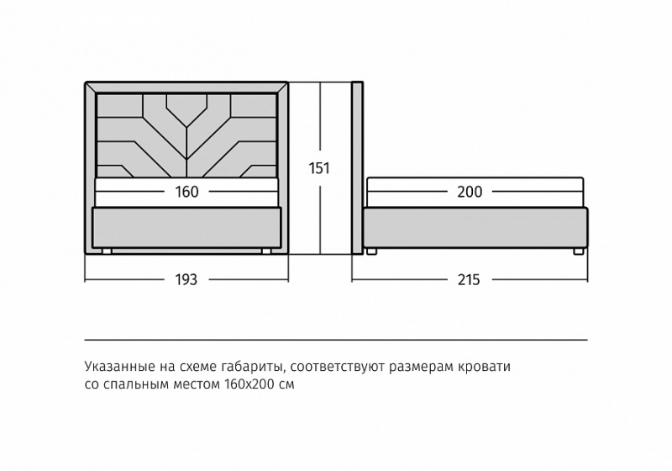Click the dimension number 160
click(x=186, y=191)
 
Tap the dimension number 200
click(x=470, y=191)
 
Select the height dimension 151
click(x=319, y=168)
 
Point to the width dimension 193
click(x=186, y=280)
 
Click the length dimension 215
click(x=469, y=280)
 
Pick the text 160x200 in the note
click(x=249, y=384)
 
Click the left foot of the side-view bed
click(x=371, y=251)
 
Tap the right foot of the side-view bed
click(x=578, y=251)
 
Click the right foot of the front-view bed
click(x=267, y=251)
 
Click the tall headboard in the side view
click(x=358, y=167)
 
